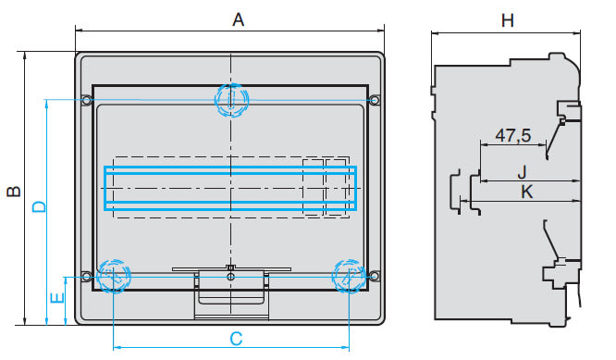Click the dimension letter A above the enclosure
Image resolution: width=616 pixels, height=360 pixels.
tap(238, 19)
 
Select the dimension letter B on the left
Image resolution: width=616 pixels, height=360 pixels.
tap(15, 191)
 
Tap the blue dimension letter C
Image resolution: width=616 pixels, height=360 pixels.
tap(236, 339)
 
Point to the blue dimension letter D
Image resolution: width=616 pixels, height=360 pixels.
tap(39, 206)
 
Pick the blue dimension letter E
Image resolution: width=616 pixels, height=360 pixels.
tap(57, 298)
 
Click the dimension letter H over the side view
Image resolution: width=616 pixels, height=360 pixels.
tap(508, 20)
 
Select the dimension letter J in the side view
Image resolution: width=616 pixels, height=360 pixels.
tap(522, 172)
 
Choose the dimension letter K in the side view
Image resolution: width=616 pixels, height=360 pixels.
tap(527, 192)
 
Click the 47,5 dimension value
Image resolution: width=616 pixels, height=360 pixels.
tap(513, 136)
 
